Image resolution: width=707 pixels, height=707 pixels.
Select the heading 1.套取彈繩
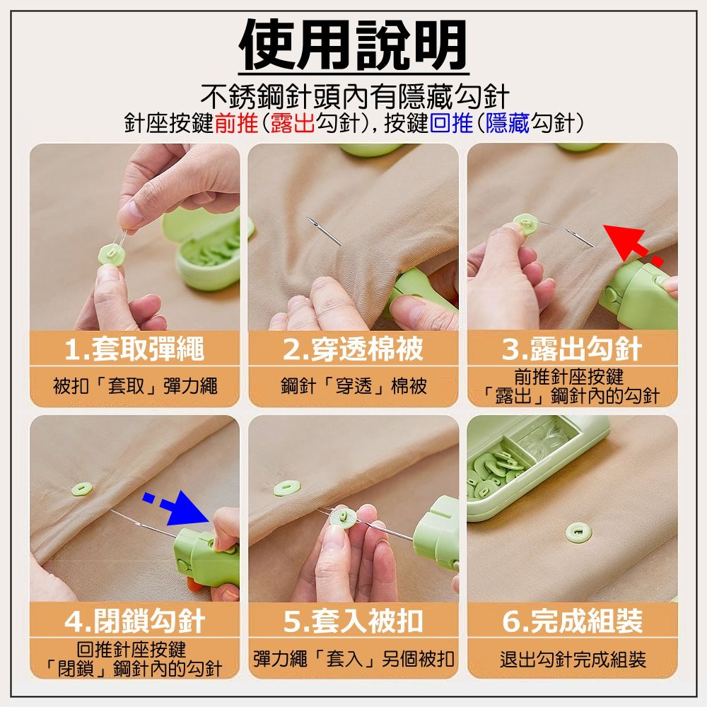pyautogui.click(x=134, y=349)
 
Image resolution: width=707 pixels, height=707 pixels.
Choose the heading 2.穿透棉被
pyautogui.click(x=353, y=349)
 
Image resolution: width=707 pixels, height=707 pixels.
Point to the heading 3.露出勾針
pyautogui.click(x=572, y=349)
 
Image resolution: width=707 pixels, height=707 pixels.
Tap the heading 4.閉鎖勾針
pyautogui.click(x=134, y=621)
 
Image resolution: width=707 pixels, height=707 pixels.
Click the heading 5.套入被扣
pyautogui.click(x=353, y=621)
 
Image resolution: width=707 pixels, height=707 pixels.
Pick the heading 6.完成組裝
pyautogui.click(x=572, y=621)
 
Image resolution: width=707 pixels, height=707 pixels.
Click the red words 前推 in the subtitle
pyautogui.click(x=236, y=123)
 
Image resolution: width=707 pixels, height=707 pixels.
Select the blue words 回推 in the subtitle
pyautogui.click(x=451, y=123)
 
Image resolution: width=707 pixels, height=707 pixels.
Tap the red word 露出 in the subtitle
pyautogui.click(x=293, y=123)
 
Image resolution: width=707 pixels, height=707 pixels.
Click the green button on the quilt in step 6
pyautogui.click(x=578, y=532)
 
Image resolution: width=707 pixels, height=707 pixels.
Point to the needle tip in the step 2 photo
pyautogui.click(x=308, y=219)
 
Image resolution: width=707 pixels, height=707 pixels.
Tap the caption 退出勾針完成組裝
pyautogui.click(x=573, y=659)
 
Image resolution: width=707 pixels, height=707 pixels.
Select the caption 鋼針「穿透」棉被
pyautogui.click(x=353, y=386)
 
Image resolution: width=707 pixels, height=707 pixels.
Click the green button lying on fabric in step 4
pyautogui.click(x=81, y=489)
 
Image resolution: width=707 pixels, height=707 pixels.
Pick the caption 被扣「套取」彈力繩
pyautogui.click(x=135, y=386)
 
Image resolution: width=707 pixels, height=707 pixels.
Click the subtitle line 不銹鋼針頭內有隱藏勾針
pyautogui.click(x=355, y=96)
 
